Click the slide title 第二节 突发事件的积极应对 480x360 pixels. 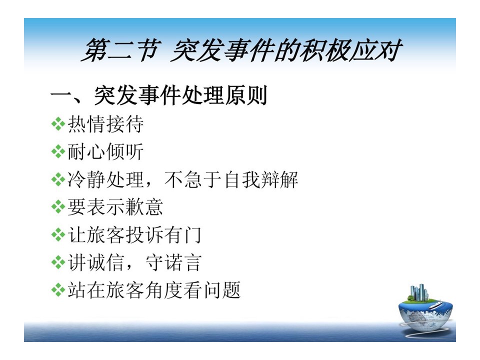pos(241,50)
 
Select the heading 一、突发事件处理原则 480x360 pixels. pos(159,95)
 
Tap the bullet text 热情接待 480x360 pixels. pos(105,124)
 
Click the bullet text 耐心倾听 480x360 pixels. pos(105,151)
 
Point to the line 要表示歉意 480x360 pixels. pos(115,207)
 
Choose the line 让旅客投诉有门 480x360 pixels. pos(134,235)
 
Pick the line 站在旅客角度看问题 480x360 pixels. pos(154,290)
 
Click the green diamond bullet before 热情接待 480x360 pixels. pos(58,124)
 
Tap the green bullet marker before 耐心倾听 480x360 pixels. pos(58,152)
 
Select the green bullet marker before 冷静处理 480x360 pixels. pos(58,179)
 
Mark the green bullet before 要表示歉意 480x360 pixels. pos(58,207)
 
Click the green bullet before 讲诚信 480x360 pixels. pos(58,262)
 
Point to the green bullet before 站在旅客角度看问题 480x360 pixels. pos(58,290)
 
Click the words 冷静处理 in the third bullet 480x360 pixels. pos(105,179)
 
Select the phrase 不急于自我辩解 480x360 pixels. pos(231,179)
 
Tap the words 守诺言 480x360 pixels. pos(173,262)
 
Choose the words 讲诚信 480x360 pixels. pos(96,262)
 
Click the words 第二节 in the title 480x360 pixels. pos(121,50)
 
